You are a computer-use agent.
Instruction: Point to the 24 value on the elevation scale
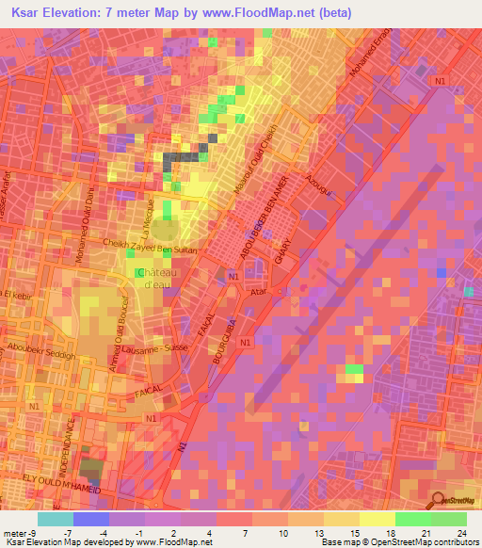coord(460,533)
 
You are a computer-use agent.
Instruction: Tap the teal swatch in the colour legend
coord(55,519)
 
